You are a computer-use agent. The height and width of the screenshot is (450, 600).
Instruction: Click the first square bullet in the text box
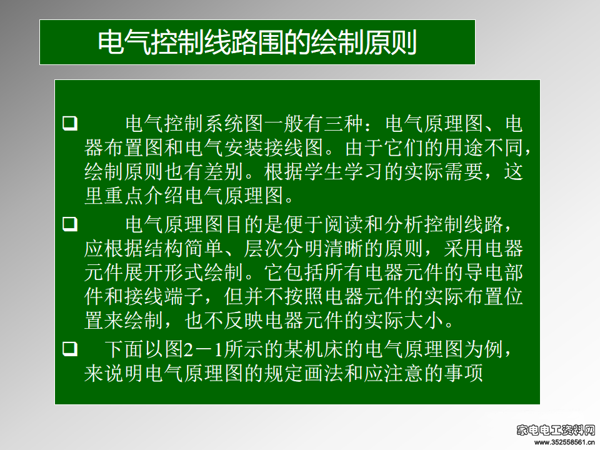coord(70,123)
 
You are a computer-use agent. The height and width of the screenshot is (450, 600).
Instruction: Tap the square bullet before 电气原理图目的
coord(70,224)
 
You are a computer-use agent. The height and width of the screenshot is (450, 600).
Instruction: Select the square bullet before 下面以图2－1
coord(70,349)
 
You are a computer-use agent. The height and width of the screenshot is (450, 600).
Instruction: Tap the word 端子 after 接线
coord(184,297)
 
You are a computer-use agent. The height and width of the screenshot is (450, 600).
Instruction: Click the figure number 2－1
coord(204,349)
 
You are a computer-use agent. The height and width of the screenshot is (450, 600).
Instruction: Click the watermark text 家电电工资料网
coord(556,431)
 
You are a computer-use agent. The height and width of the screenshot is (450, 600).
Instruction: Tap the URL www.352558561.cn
coord(564,442)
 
